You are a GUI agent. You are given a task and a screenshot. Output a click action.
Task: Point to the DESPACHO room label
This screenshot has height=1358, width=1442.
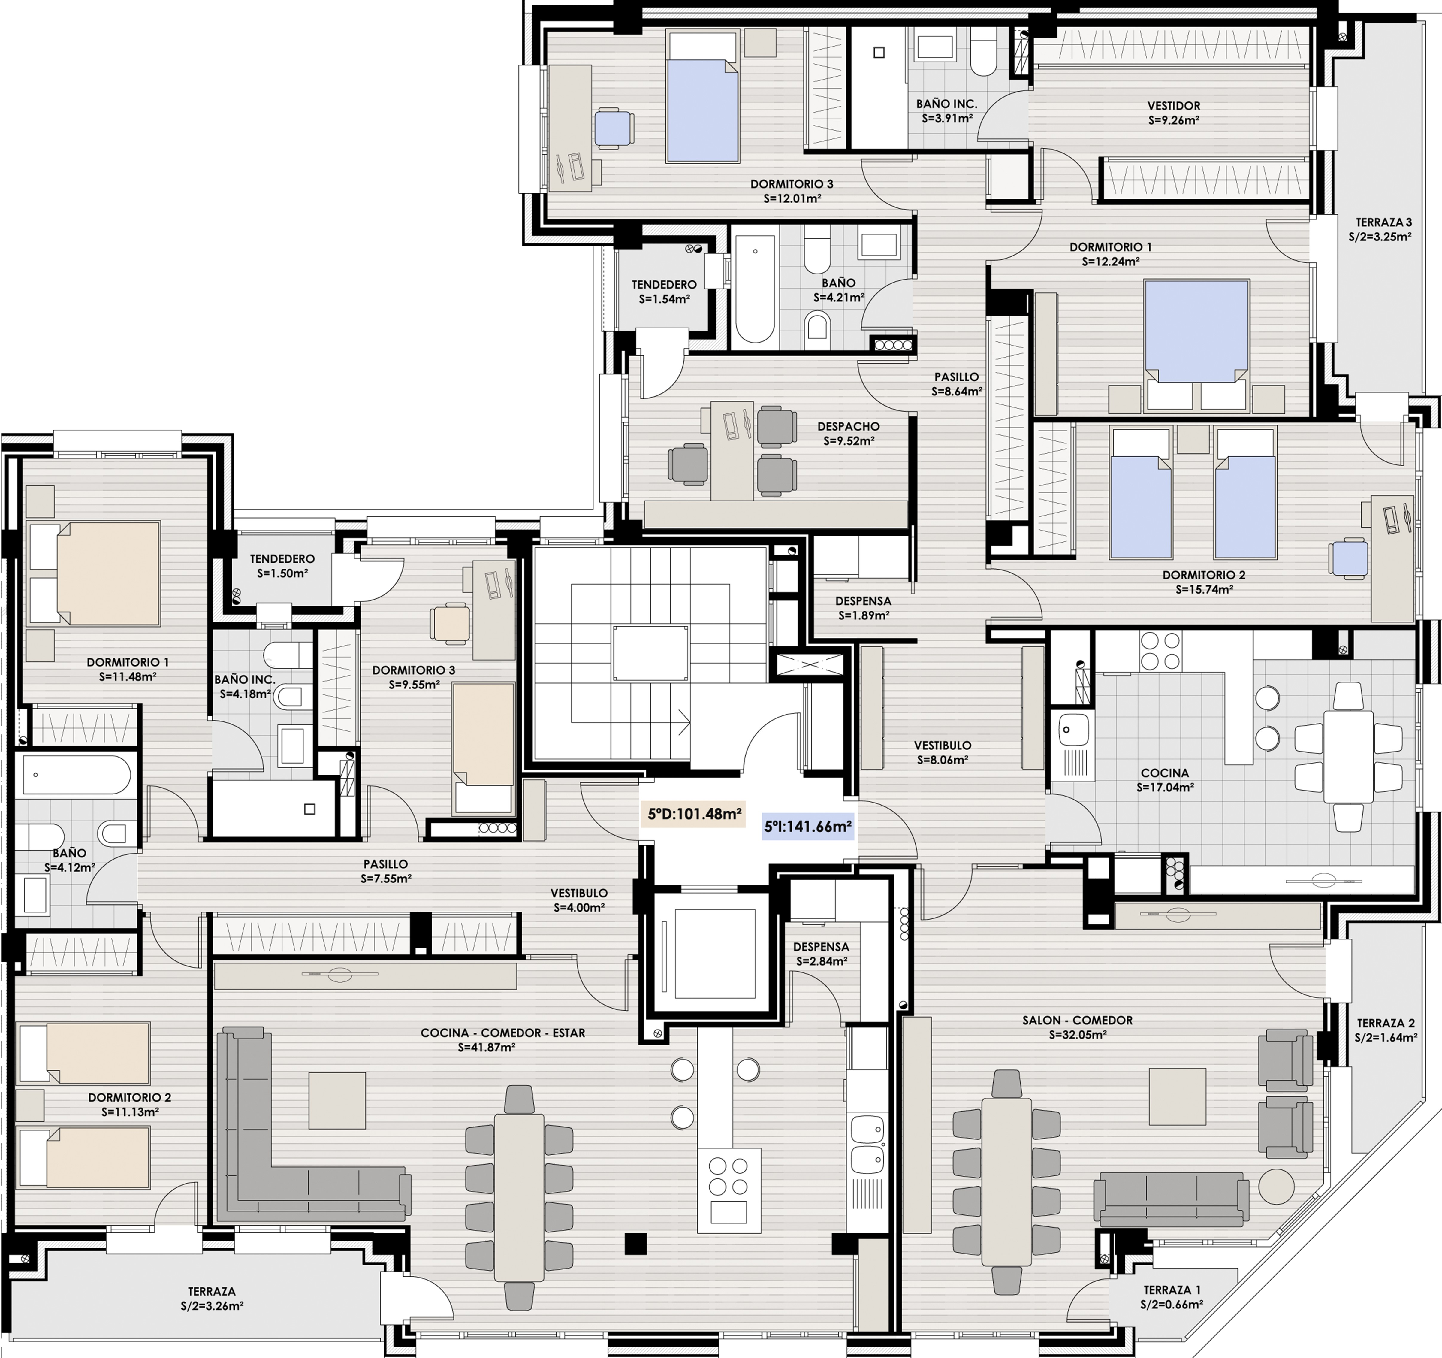[848, 427]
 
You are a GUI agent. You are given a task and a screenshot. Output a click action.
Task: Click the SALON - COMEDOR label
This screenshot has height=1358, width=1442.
[1077, 1020]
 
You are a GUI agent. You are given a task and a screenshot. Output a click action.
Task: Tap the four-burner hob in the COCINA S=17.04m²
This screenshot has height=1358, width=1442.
[1160, 651]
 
